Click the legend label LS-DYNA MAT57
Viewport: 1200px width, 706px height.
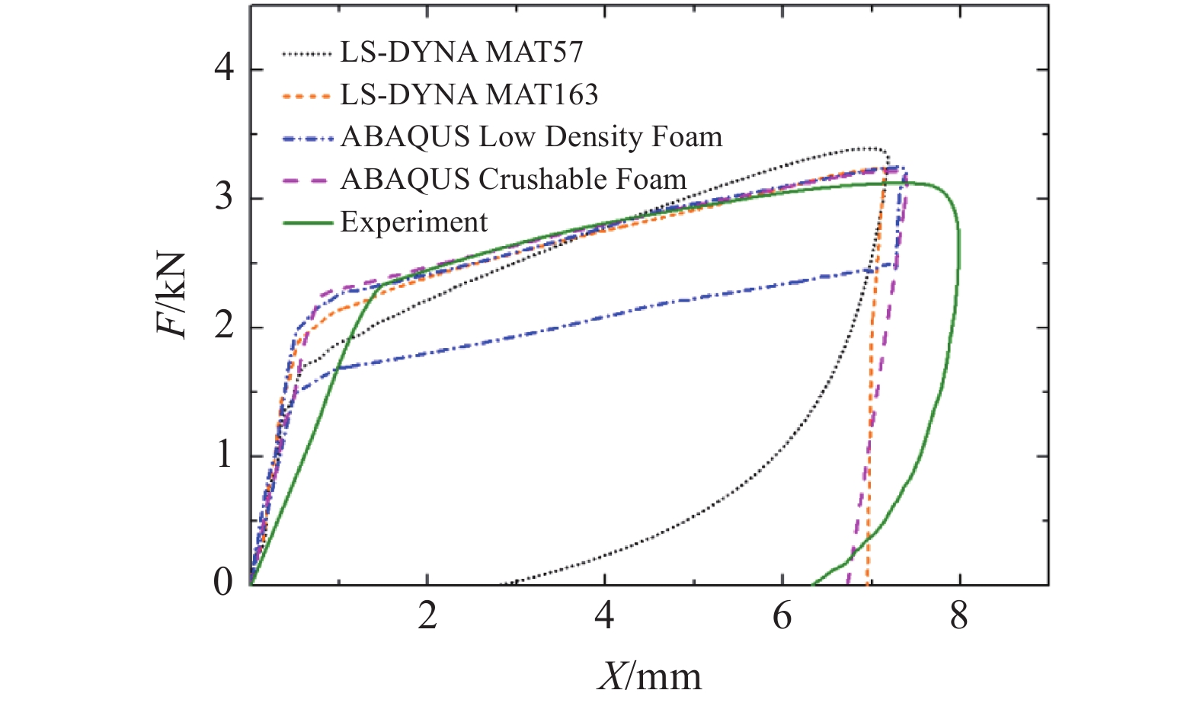pyautogui.click(x=461, y=52)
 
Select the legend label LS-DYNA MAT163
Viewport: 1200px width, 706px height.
pyautogui.click(x=469, y=94)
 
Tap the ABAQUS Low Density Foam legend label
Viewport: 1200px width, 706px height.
pyautogui.click(x=531, y=137)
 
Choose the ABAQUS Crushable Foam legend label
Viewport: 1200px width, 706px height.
pyautogui.click(x=514, y=180)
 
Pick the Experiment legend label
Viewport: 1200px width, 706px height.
pyautogui.click(x=414, y=222)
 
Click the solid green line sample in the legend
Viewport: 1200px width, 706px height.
pyautogui.click(x=307, y=223)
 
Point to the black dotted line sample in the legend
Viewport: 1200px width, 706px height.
pyautogui.click(x=307, y=53)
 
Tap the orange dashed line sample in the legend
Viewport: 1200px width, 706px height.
pyautogui.click(x=307, y=96)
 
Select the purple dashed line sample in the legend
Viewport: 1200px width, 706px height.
pyautogui.click(x=307, y=180)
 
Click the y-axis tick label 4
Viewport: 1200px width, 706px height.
pyautogui.click(x=223, y=70)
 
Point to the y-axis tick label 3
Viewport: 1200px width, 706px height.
pyautogui.click(x=223, y=199)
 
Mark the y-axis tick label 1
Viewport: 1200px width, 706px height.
pyautogui.click(x=223, y=456)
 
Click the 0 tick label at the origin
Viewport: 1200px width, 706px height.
pyautogui.click(x=223, y=583)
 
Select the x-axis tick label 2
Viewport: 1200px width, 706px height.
pyautogui.click(x=427, y=615)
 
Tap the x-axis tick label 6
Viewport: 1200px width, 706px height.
pyautogui.click(x=782, y=615)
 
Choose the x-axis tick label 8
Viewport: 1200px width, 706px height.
pyautogui.click(x=959, y=615)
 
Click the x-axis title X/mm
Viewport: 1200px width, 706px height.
pyautogui.click(x=649, y=676)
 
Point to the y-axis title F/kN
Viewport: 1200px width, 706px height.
pyautogui.click(x=172, y=295)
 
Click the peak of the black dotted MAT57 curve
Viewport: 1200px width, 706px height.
pyautogui.click(x=869, y=148)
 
